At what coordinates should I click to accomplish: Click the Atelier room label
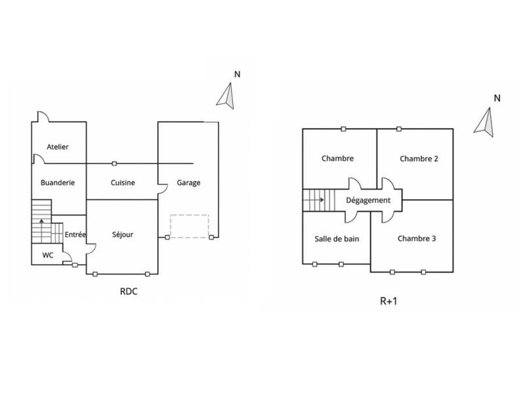click(x=58, y=147)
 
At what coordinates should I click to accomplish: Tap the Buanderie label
click(x=58, y=183)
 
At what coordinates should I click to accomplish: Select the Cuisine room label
click(x=123, y=183)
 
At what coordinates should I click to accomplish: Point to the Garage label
click(x=188, y=183)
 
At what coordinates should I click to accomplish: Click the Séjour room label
click(x=123, y=234)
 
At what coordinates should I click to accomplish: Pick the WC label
click(x=48, y=254)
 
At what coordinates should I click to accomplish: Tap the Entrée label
click(x=76, y=234)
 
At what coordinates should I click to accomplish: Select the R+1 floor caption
click(x=390, y=302)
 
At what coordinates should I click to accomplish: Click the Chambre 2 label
click(x=418, y=158)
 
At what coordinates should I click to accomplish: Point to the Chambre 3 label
click(x=417, y=238)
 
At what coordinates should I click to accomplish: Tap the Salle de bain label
click(x=337, y=238)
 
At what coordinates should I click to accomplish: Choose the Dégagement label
click(x=368, y=200)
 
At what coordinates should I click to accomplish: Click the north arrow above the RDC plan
click(x=226, y=95)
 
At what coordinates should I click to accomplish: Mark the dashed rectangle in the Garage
click(x=189, y=226)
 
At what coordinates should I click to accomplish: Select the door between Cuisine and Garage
click(x=162, y=189)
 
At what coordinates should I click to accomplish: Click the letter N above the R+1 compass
click(x=497, y=98)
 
